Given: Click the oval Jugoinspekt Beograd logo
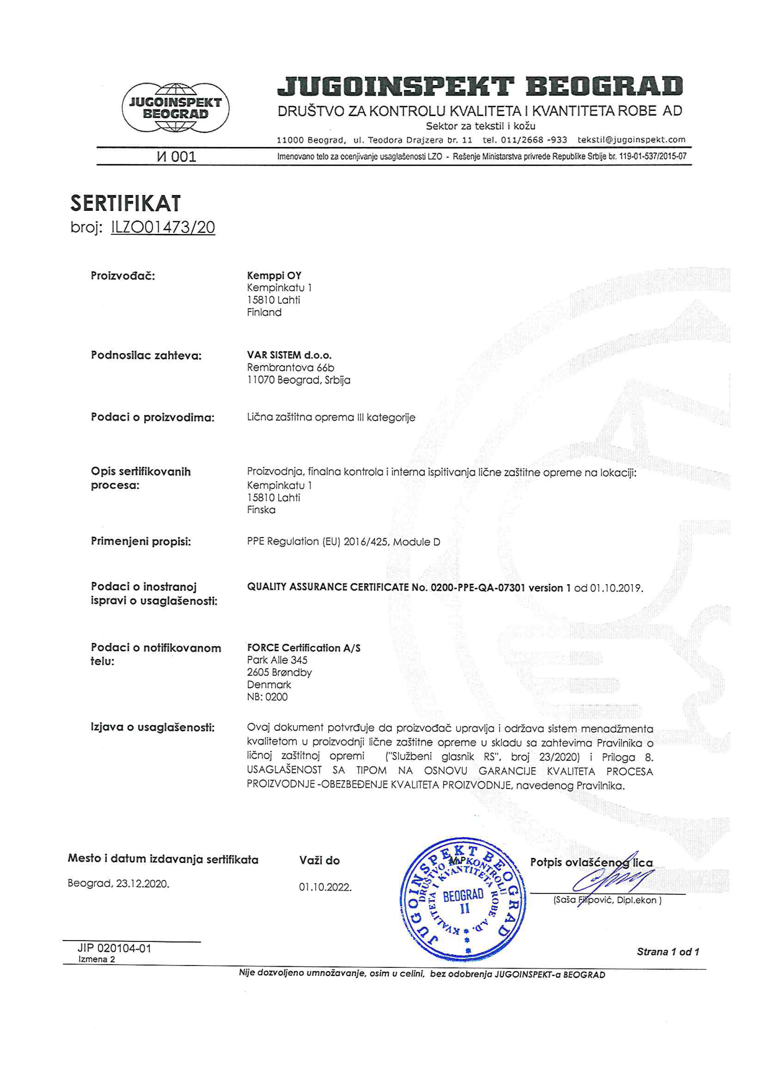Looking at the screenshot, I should (175, 108).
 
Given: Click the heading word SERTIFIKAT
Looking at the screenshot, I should (125, 203).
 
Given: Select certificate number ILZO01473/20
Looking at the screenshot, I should (163, 227).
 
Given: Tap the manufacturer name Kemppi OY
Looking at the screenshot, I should (274, 275).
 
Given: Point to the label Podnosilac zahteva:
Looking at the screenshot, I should (146, 355).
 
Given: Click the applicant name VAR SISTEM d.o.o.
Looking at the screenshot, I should (289, 355).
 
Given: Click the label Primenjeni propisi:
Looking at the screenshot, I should (141, 542).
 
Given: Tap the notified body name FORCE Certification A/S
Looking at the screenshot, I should (304, 648).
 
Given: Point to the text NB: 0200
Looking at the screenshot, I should (267, 697).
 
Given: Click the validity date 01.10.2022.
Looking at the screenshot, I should (325, 888).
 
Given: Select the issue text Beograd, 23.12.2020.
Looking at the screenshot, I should (118, 884).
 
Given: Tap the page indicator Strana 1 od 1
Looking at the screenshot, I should (667, 952).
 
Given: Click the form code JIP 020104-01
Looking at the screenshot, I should (114, 948).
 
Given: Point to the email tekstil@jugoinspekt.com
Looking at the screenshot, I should (631, 140).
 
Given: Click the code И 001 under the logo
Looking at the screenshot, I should (176, 157).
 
